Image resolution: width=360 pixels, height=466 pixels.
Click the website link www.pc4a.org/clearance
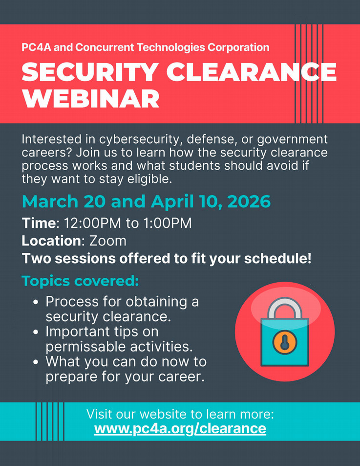[x=180, y=429]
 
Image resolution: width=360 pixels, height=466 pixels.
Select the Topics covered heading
[x=80, y=281]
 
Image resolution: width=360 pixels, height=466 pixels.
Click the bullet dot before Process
[x=36, y=302]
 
